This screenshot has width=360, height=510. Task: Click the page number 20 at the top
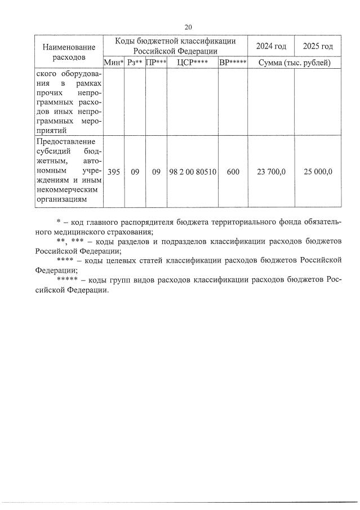188,26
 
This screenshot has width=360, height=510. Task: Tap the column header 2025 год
318,46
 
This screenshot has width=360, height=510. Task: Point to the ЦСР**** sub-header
192,63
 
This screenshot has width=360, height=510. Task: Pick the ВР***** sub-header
233,63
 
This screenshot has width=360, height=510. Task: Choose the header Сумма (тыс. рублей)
294,63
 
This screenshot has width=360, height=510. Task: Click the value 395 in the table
113,172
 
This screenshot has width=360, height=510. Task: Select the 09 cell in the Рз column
135,172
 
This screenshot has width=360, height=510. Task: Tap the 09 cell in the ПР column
156,172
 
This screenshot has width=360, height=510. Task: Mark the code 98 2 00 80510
192,172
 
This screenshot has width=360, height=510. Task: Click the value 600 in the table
233,172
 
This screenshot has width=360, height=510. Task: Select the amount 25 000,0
318,172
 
